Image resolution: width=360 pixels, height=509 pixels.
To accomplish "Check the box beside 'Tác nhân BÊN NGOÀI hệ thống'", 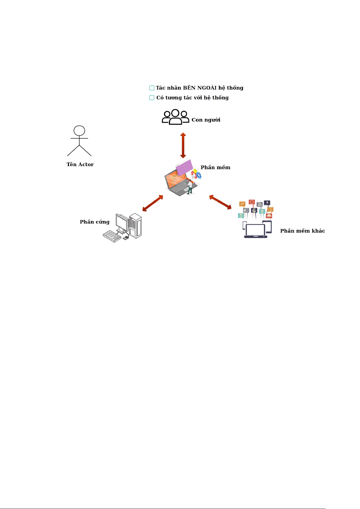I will [152, 88].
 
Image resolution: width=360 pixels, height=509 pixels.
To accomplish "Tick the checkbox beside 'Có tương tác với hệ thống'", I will [152, 98].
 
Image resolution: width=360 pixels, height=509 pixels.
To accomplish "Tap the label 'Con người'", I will [206, 120].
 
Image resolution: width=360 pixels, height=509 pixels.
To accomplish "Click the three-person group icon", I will [175, 117].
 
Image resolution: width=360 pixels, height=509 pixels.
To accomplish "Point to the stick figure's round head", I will [79, 130].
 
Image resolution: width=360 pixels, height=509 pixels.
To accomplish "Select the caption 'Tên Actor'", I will [80, 164].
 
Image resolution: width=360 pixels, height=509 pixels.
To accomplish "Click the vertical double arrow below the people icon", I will [183, 145].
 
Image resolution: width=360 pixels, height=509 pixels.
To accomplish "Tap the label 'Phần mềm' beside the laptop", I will [215, 167].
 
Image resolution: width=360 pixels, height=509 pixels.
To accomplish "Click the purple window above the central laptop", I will [185, 167].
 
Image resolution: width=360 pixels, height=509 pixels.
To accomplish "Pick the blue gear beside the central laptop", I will [199, 175].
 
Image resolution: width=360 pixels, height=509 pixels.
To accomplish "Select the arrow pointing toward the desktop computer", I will [153, 203].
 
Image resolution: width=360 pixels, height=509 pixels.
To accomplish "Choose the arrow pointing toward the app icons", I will [220, 202].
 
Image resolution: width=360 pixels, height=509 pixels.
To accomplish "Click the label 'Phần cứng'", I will [95, 222].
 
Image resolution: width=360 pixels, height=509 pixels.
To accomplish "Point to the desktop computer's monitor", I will [122, 223].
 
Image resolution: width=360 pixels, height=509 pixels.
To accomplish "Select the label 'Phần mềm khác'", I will [302, 231].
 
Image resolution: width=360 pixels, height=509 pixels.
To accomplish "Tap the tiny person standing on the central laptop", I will [190, 187].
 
